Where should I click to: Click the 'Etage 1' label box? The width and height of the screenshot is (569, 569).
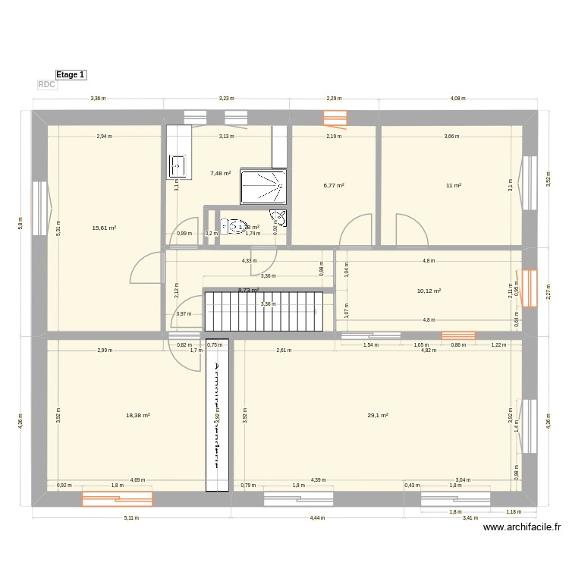pyautogui.click(x=71, y=75)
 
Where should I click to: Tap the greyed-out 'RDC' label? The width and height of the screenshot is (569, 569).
pyautogui.click(x=46, y=86)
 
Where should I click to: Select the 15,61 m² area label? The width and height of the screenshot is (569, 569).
pyautogui.click(x=104, y=228)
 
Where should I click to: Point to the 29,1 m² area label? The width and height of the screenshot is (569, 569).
pyautogui.click(x=377, y=415)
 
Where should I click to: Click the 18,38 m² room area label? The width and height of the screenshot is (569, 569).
pyautogui.click(x=138, y=415)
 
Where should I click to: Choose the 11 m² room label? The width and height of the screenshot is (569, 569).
pyautogui.click(x=454, y=185)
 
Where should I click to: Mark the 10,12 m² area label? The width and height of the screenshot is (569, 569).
pyautogui.click(x=429, y=291)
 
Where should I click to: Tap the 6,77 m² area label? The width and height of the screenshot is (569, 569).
pyautogui.click(x=334, y=185)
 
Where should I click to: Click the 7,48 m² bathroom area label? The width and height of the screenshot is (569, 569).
pyautogui.click(x=221, y=173)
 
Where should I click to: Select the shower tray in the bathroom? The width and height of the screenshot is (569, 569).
pyautogui.click(x=263, y=187)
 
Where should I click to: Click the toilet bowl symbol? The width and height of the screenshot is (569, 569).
pyautogui.click(x=227, y=225)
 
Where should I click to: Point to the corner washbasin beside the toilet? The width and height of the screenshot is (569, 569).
pyautogui.click(x=280, y=218)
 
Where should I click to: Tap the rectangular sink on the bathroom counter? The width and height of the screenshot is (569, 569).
pyautogui.click(x=177, y=164)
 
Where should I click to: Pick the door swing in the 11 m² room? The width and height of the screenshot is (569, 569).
pyautogui.click(x=410, y=230)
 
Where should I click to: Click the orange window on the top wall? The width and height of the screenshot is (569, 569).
pyautogui.click(x=335, y=117)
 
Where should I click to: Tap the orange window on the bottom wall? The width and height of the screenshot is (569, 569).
pyautogui.click(x=117, y=498)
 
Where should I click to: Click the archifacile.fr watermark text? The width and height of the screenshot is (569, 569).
pyautogui.click(x=521, y=528)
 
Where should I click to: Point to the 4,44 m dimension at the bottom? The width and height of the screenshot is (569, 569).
pyautogui.click(x=317, y=518)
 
